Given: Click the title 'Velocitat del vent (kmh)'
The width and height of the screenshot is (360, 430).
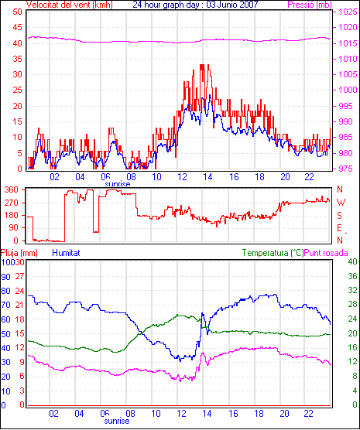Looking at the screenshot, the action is tap(69, 5).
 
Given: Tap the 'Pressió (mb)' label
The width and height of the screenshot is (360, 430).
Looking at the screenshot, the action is tap(310, 5).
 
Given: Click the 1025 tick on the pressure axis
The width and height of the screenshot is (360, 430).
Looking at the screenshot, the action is tap(348, 12).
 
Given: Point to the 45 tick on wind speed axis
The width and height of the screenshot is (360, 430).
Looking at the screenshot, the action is tap(17, 27).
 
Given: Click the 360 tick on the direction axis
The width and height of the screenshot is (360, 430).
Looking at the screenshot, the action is tap(12, 189).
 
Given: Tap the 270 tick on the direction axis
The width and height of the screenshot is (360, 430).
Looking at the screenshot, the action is tap(12, 203).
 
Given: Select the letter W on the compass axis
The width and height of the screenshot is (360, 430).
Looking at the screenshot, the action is tap(341, 203).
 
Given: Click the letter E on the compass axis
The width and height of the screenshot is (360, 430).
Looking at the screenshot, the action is tap(339, 228).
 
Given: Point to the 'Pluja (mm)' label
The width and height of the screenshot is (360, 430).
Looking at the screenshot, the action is tap(19, 253).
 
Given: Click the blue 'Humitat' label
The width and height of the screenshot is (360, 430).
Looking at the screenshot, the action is tap(66, 253).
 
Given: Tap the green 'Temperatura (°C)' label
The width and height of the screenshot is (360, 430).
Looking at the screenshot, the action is tap(273, 253).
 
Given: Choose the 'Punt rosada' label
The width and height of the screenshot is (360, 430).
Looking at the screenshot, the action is tap(326, 253).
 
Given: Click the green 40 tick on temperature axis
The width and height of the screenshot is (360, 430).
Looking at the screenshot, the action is tap(352, 261).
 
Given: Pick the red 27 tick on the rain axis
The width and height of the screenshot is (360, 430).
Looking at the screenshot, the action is tap(19, 276).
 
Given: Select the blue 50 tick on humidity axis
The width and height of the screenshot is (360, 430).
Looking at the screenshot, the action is tap(5, 334).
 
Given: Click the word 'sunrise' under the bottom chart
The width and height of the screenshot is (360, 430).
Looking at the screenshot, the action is tap(117, 421).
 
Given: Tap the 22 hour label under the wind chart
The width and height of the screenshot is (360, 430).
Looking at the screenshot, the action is tap(309, 177).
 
